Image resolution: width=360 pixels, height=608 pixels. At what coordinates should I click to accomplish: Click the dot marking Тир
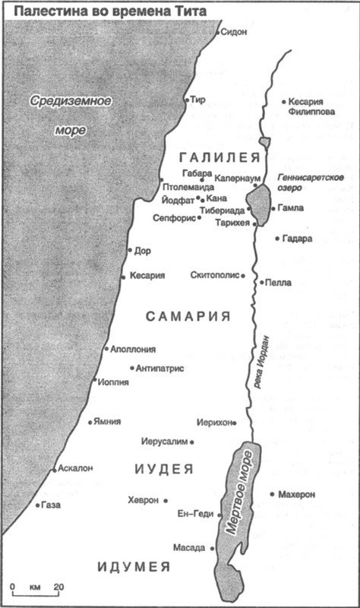[188, 100]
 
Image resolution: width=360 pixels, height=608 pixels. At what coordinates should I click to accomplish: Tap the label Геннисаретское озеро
[311, 182]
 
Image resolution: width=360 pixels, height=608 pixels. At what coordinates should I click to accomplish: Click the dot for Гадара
[276, 238]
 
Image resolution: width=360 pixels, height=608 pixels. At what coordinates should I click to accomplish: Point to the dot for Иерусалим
[192, 442]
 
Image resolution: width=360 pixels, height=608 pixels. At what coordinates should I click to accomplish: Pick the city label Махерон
[296, 494]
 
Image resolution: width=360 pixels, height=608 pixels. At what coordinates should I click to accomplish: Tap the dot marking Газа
[38, 504]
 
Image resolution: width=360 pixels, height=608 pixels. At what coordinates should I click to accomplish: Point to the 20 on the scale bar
[58, 587]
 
